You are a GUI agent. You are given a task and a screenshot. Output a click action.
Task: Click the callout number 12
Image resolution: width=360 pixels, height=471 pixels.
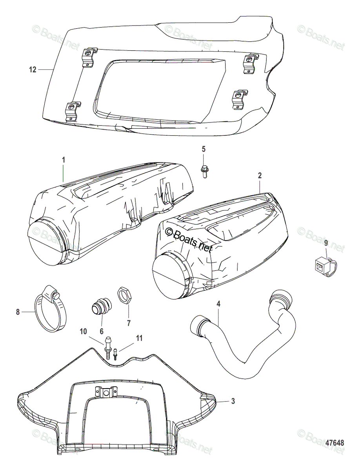click(x=33, y=70)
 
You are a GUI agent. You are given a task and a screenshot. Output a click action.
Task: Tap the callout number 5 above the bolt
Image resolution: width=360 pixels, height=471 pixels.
click(x=204, y=149)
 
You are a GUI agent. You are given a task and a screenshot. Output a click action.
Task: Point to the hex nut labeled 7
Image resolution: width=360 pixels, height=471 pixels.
click(x=124, y=295)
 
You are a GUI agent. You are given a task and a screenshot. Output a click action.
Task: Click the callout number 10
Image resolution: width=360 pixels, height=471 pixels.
click(x=83, y=332)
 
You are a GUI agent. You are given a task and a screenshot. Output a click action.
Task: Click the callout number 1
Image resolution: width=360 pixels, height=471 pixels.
click(x=64, y=160)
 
